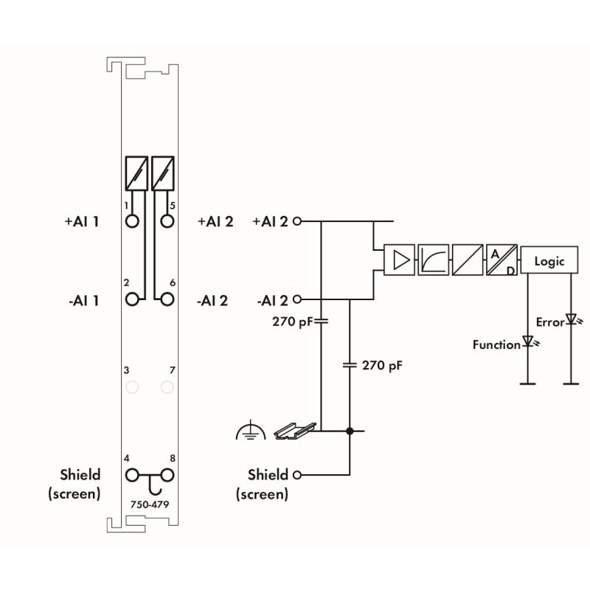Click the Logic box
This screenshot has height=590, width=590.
549,261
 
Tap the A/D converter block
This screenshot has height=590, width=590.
501,260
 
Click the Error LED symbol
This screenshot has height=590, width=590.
570,321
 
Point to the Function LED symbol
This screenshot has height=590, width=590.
527,342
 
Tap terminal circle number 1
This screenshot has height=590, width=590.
133,221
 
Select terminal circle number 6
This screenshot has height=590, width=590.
167,299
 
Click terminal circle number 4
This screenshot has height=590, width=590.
133,476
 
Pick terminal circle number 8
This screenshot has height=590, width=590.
167,476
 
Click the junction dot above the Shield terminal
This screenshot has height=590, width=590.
350,431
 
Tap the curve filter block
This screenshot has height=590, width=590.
433,260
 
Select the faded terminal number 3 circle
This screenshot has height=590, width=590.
133,386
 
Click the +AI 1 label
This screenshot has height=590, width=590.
82,221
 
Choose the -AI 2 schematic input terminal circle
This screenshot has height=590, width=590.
297,299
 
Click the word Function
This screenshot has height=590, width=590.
496,344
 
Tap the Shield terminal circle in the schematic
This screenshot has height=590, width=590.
297,475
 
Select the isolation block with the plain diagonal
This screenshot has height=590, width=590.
467,260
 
